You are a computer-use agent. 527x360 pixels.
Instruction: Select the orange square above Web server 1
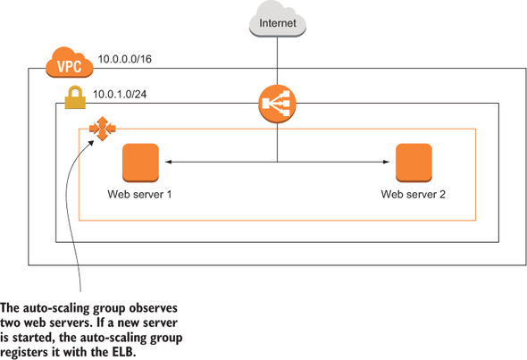click(x=140, y=162)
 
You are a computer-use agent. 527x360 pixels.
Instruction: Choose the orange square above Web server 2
click(x=414, y=162)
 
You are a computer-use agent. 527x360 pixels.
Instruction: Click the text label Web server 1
click(x=139, y=194)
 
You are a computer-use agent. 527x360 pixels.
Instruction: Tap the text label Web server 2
click(x=413, y=194)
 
